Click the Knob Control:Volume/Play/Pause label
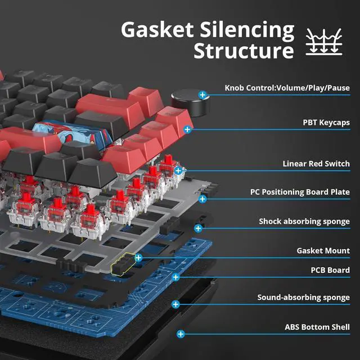click(x=287, y=88)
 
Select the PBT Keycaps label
click(x=326, y=121)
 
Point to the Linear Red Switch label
click(x=316, y=164)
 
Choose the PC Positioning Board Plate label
click(x=300, y=192)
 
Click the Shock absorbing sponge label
click(x=304, y=222)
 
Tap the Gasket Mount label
click(x=323, y=251)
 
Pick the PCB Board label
click(x=330, y=270)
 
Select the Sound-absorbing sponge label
click(x=303, y=297)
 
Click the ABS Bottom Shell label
click(x=317, y=327)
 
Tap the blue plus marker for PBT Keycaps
click(x=187, y=129)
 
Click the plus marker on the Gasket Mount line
click(x=138, y=258)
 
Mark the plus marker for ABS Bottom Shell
click(x=181, y=334)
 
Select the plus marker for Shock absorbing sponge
click(x=198, y=228)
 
